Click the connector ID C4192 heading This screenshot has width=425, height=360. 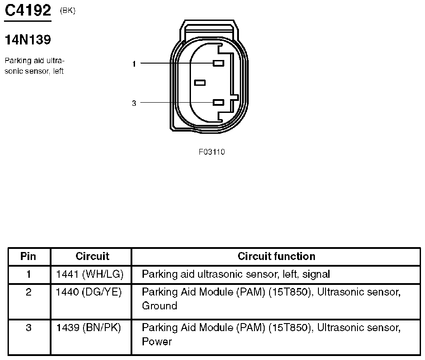pyautogui.click(x=28, y=11)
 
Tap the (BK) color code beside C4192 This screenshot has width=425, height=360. pyautogui.click(x=68, y=11)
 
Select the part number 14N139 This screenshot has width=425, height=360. pyautogui.click(x=28, y=40)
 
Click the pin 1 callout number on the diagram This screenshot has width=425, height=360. pyautogui.click(x=134, y=64)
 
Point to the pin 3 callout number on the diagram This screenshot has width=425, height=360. pyautogui.click(x=134, y=103)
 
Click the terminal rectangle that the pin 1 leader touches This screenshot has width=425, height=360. pyautogui.click(x=218, y=63)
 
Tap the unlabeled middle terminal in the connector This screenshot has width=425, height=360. pyautogui.click(x=200, y=83)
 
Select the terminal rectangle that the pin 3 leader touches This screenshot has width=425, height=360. pyautogui.click(x=218, y=103)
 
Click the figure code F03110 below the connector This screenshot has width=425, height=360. pyautogui.click(x=212, y=152)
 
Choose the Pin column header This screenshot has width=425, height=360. pyautogui.click(x=28, y=256)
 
